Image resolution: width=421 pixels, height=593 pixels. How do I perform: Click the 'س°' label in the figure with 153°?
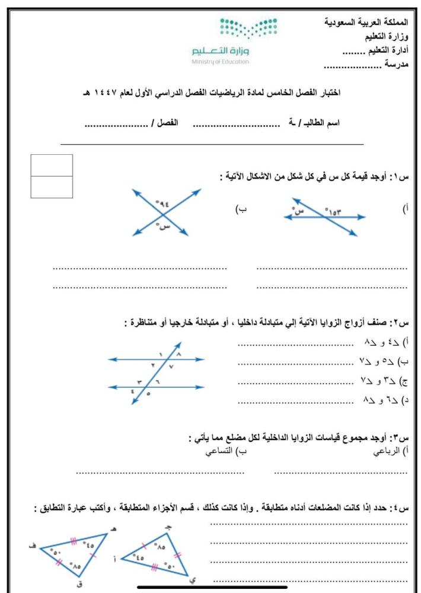tap(299, 210)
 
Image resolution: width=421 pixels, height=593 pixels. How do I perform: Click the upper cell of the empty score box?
tap(51, 165)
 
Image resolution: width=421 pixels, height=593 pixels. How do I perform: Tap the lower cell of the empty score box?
tap(51, 186)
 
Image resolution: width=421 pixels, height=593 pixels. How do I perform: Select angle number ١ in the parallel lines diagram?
tap(161, 354)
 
